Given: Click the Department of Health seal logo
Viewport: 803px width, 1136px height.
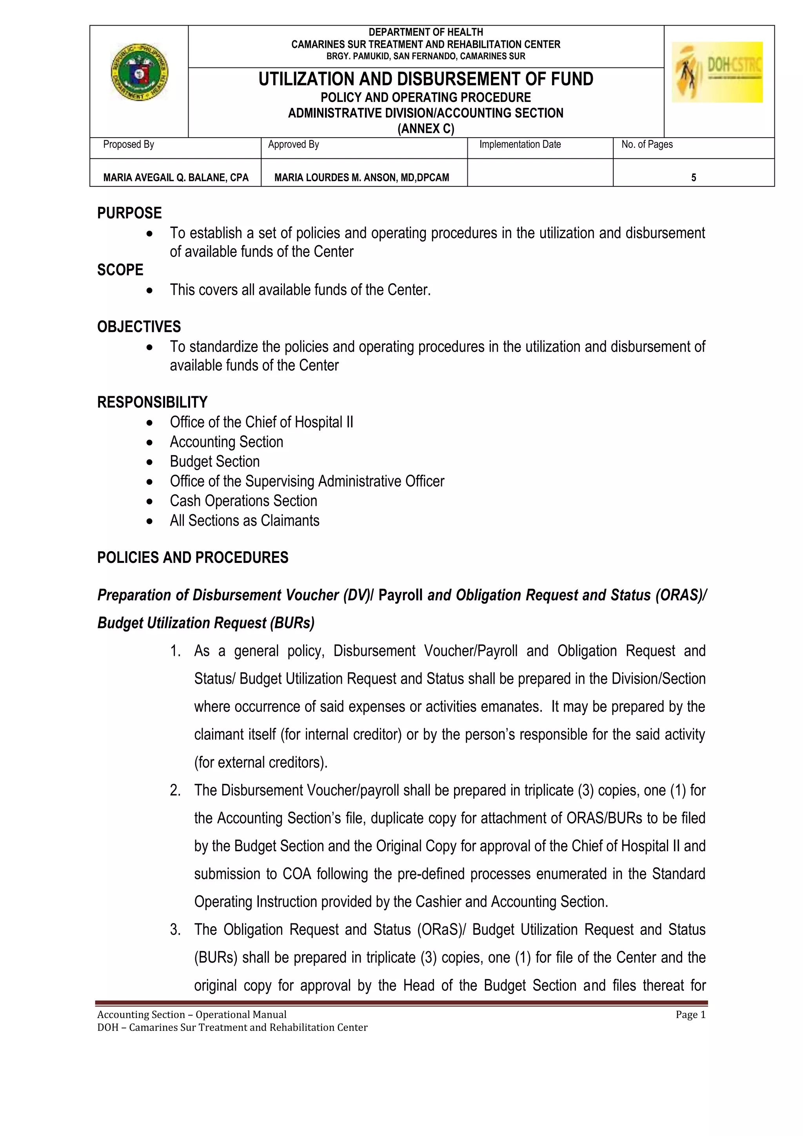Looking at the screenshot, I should click(140, 72).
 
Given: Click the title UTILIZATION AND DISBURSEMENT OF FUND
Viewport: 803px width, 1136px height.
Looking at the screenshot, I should click(426, 79).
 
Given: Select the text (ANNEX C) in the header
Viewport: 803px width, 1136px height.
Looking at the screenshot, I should click(426, 129).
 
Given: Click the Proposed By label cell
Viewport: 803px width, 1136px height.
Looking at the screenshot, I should click(129, 144).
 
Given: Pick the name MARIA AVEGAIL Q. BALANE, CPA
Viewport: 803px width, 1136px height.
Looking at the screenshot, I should click(176, 178).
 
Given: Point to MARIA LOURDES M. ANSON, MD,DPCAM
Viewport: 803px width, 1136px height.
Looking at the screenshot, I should click(362, 178).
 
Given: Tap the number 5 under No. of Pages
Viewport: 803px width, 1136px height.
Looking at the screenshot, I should click(693, 178).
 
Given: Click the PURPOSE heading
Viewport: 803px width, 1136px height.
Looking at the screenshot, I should click(129, 213).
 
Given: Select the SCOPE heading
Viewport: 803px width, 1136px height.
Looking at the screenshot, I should click(120, 270).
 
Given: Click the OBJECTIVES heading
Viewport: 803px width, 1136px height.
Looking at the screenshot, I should click(139, 327).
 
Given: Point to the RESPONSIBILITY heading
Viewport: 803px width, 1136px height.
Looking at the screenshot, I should click(152, 402).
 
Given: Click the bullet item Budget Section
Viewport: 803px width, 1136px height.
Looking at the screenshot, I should click(214, 462).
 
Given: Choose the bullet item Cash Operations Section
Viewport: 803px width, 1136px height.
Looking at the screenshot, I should click(243, 501).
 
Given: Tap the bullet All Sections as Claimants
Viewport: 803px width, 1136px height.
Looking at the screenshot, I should click(244, 521).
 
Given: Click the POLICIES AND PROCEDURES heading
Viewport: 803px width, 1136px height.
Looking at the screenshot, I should click(193, 558).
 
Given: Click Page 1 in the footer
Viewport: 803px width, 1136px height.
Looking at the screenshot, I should click(690, 1015).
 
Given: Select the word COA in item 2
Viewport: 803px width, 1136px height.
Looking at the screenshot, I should click(297, 874).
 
